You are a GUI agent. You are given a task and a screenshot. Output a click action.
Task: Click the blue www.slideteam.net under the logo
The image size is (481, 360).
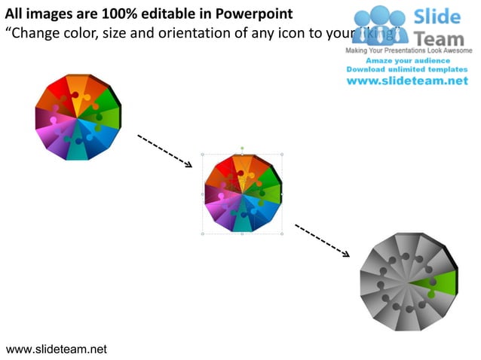(x=407, y=81)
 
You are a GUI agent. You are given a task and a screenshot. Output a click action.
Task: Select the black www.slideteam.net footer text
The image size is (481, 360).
(x=56, y=349)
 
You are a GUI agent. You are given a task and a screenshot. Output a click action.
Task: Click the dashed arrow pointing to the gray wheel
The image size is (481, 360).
(x=322, y=240)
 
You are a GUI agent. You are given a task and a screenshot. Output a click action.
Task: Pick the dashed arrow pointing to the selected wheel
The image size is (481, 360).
(x=164, y=151)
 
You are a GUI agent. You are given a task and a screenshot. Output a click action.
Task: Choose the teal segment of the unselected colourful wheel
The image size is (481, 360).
(x=78, y=150)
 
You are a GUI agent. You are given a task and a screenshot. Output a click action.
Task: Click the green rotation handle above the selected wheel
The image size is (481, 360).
(x=241, y=148)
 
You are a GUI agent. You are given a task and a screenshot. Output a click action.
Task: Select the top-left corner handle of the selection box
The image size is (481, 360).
(x=202, y=154)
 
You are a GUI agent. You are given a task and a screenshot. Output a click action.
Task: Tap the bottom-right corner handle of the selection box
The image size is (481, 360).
(x=281, y=233)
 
